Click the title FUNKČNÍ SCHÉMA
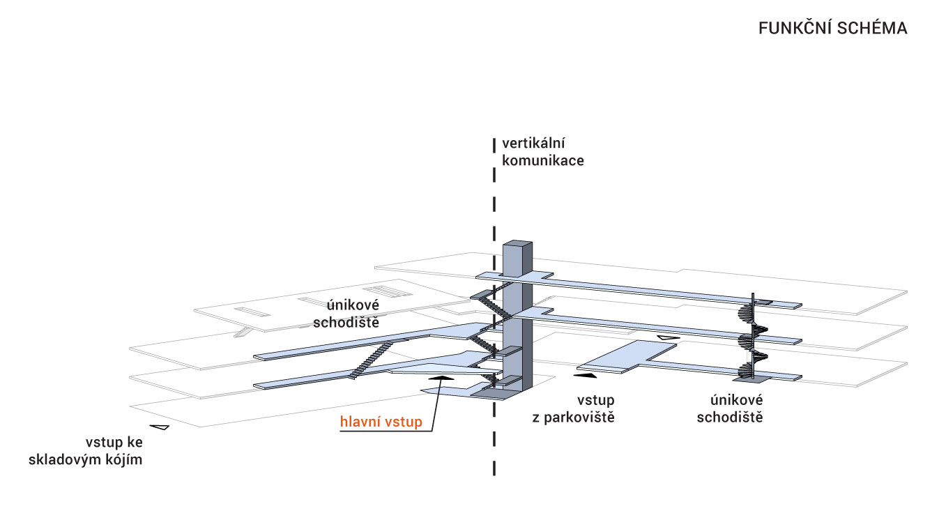pos(832,29)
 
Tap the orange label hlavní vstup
pos(381,422)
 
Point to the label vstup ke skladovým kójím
pos(86,451)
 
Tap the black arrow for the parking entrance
pos(586,375)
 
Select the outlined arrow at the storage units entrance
pos(160,427)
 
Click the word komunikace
pos(542,160)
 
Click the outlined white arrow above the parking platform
pos(668,339)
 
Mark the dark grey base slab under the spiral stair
pos(751,379)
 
